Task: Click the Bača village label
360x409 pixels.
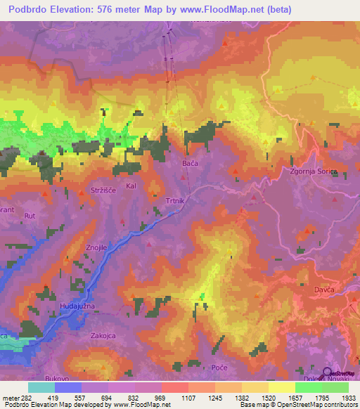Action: [x=191, y=163]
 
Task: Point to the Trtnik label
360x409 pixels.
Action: [x=174, y=202]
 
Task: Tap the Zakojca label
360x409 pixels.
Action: [x=102, y=336]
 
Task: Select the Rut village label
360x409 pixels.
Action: [x=30, y=216]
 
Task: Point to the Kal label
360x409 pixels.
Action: [x=130, y=186]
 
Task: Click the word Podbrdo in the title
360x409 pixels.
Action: [x=27, y=9]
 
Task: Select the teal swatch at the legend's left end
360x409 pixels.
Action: [x=41, y=387]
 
